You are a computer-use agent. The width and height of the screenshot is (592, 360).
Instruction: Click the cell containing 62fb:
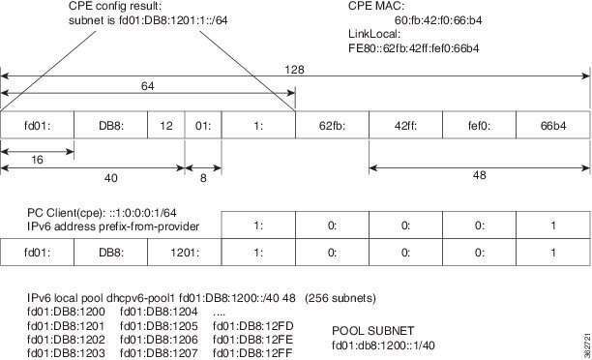[332, 125]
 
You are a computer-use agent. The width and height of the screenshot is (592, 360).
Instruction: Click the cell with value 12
[166, 125]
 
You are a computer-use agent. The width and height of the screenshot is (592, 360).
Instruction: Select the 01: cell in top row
[203, 125]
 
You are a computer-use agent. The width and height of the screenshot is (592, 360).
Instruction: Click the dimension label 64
[149, 87]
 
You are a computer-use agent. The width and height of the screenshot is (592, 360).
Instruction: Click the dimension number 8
[202, 177]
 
